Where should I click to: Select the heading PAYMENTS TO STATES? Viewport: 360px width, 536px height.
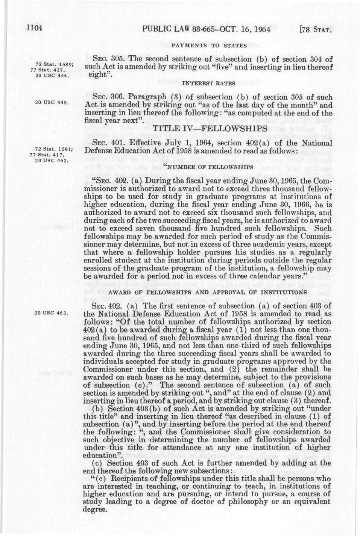[x=209, y=46]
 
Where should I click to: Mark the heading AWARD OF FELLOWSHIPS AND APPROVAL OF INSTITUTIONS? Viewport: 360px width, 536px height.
[x=208, y=292]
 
